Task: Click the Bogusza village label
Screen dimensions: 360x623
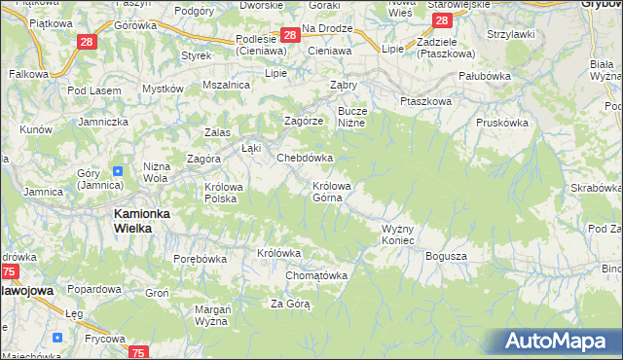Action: pyautogui.click(x=447, y=256)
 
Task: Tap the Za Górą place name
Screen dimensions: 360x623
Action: pyautogui.click(x=290, y=304)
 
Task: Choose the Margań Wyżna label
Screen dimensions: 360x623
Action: pyautogui.click(x=211, y=314)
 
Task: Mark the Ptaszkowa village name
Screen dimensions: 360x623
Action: pyautogui.click(x=426, y=101)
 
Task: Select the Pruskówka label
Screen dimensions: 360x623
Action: pyautogui.click(x=502, y=123)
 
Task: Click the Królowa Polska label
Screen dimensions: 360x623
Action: pyautogui.click(x=221, y=192)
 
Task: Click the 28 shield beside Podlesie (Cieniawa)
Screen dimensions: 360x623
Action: pyautogui.click(x=289, y=35)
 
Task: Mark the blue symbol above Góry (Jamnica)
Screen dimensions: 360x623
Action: pyautogui.click(x=118, y=169)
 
